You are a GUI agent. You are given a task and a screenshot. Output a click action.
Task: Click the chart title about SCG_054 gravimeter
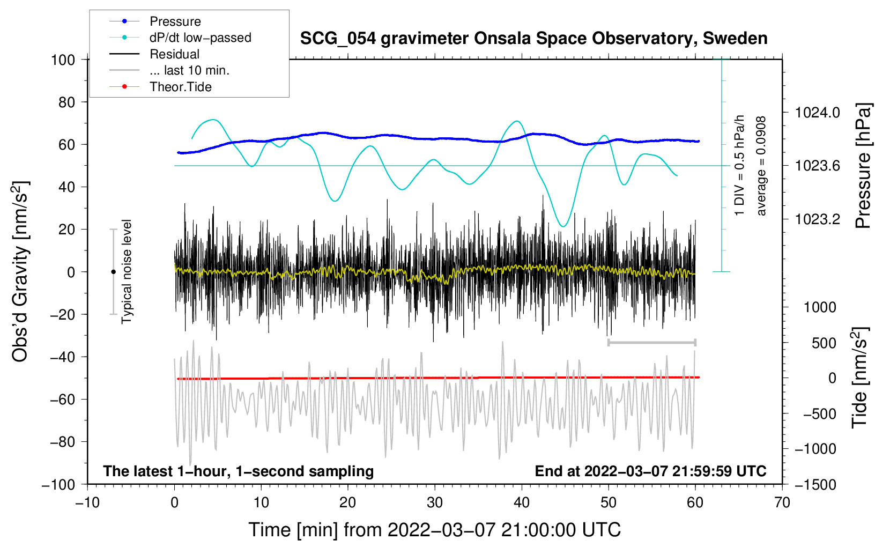[x=533, y=39]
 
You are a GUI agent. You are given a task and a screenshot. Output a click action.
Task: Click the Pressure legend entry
[x=175, y=21]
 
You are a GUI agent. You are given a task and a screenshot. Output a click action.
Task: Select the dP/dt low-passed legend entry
[x=200, y=38]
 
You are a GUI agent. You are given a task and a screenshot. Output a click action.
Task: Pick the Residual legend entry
[x=174, y=54]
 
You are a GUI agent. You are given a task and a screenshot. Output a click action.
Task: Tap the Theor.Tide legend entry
[x=180, y=87]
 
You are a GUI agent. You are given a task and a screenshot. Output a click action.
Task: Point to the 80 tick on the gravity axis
[x=66, y=102]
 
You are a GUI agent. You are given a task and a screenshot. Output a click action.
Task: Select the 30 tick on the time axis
[x=435, y=502]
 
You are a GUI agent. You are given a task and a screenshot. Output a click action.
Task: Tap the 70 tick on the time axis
[x=782, y=502]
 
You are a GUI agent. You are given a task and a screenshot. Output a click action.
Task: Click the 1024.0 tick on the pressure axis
[x=818, y=113]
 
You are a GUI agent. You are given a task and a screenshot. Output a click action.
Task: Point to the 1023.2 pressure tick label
[x=818, y=219]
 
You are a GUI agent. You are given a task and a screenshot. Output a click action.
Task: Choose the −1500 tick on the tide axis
[x=815, y=484]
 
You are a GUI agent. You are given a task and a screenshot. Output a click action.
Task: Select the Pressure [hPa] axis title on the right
[x=863, y=166]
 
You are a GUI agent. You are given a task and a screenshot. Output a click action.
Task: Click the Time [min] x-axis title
[x=435, y=530]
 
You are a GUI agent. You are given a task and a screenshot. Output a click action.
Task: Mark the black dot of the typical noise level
[x=113, y=272]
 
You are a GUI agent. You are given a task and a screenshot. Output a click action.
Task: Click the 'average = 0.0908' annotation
[x=761, y=166]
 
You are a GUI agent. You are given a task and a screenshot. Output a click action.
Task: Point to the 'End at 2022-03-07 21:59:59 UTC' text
[x=650, y=471]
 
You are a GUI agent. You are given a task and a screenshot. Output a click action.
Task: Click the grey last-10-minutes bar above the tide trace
[x=651, y=343]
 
